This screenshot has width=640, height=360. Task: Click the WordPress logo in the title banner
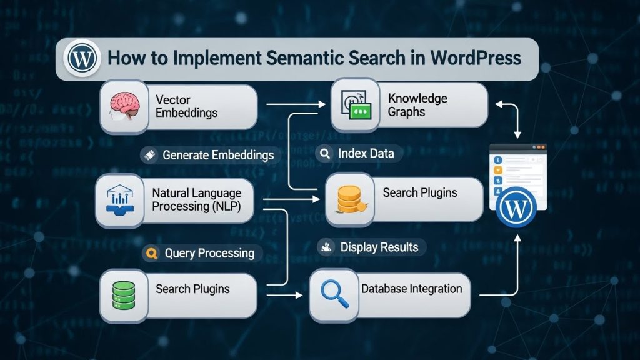pos(82,59)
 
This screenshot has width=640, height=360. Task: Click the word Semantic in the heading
pos(306,58)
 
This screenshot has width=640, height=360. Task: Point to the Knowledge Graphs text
pos(417,105)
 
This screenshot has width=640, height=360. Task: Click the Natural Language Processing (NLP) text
pos(196,200)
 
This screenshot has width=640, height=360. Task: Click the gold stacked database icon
pos(349,198)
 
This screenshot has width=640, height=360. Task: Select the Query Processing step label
pos(209,253)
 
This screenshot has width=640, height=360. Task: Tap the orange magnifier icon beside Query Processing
pos(150,253)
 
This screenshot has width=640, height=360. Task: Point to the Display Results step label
pos(379,247)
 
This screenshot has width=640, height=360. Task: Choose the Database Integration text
pos(411,289)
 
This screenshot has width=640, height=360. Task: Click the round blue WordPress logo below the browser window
pos(516,207)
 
